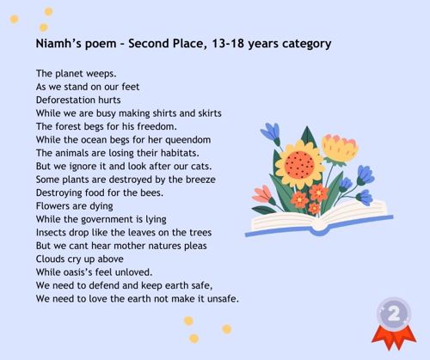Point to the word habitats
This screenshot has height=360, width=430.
pos(180,153)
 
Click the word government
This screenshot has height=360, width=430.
pos(107,220)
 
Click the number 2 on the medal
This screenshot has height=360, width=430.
pos(394,314)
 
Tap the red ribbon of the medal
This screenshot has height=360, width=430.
pos(394,338)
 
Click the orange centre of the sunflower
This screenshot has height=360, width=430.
pos(300,165)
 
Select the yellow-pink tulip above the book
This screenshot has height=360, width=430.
pos(340,149)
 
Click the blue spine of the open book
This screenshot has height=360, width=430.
pos(319,229)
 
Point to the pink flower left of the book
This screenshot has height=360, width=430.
pos(262,194)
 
